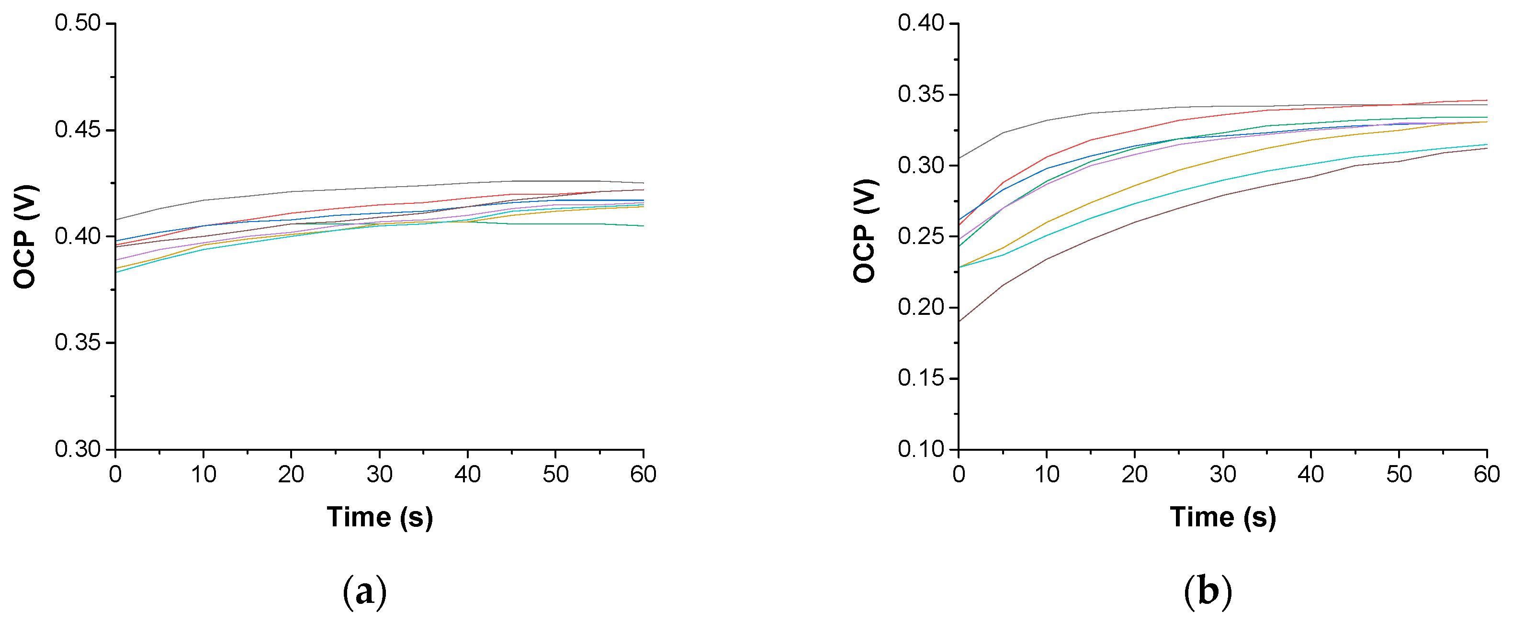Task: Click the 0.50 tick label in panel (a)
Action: (x=78, y=23)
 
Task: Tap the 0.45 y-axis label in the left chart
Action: (x=78, y=130)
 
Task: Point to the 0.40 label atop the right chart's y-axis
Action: (x=920, y=23)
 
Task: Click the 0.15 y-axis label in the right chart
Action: (x=920, y=378)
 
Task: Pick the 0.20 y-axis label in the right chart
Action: (x=920, y=307)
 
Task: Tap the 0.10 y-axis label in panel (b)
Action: (x=920, y=449)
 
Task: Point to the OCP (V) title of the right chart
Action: (x=865, y=231)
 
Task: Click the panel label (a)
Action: (x=364, y=591)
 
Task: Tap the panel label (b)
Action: (x=1208, y=591)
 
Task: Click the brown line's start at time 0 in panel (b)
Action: (x=959, y=322)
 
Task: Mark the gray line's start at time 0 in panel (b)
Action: (x=959, y=158)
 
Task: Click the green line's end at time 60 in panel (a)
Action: (x=643, y=226)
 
